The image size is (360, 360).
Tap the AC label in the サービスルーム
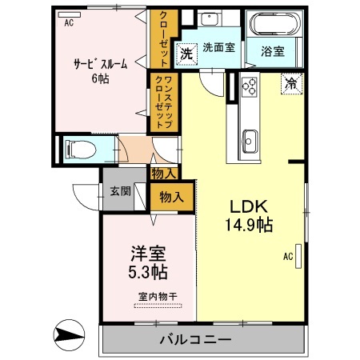68,23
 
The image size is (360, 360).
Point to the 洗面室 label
218,48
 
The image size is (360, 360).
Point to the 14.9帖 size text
249,225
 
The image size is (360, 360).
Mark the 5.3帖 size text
149,272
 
